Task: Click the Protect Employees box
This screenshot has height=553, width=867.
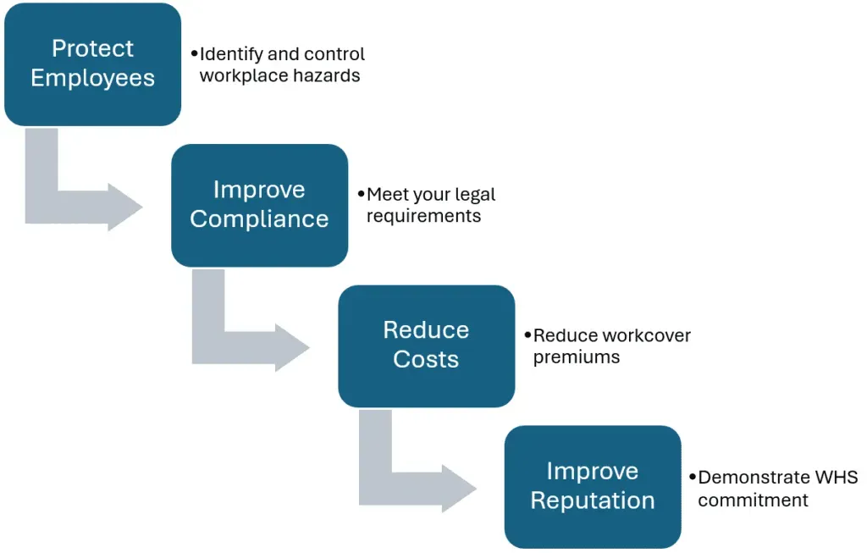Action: point(92,64)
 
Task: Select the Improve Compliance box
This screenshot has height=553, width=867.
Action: point(259,205)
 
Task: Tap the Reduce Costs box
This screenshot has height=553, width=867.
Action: point(426,346)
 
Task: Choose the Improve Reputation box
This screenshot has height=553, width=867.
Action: point(593,486)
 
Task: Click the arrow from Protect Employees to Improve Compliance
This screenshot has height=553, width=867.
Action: point(76,203)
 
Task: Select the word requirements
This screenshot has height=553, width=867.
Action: point(423,216)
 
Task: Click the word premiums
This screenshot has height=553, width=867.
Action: point(576,357)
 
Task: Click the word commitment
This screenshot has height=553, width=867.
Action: point(753,500)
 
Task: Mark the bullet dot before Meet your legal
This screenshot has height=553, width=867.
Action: point(361,194)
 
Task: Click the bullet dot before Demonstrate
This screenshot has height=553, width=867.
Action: point(692,477)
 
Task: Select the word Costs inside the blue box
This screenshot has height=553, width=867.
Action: point(426,359)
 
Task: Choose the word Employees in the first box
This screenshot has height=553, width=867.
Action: point(92,78)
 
